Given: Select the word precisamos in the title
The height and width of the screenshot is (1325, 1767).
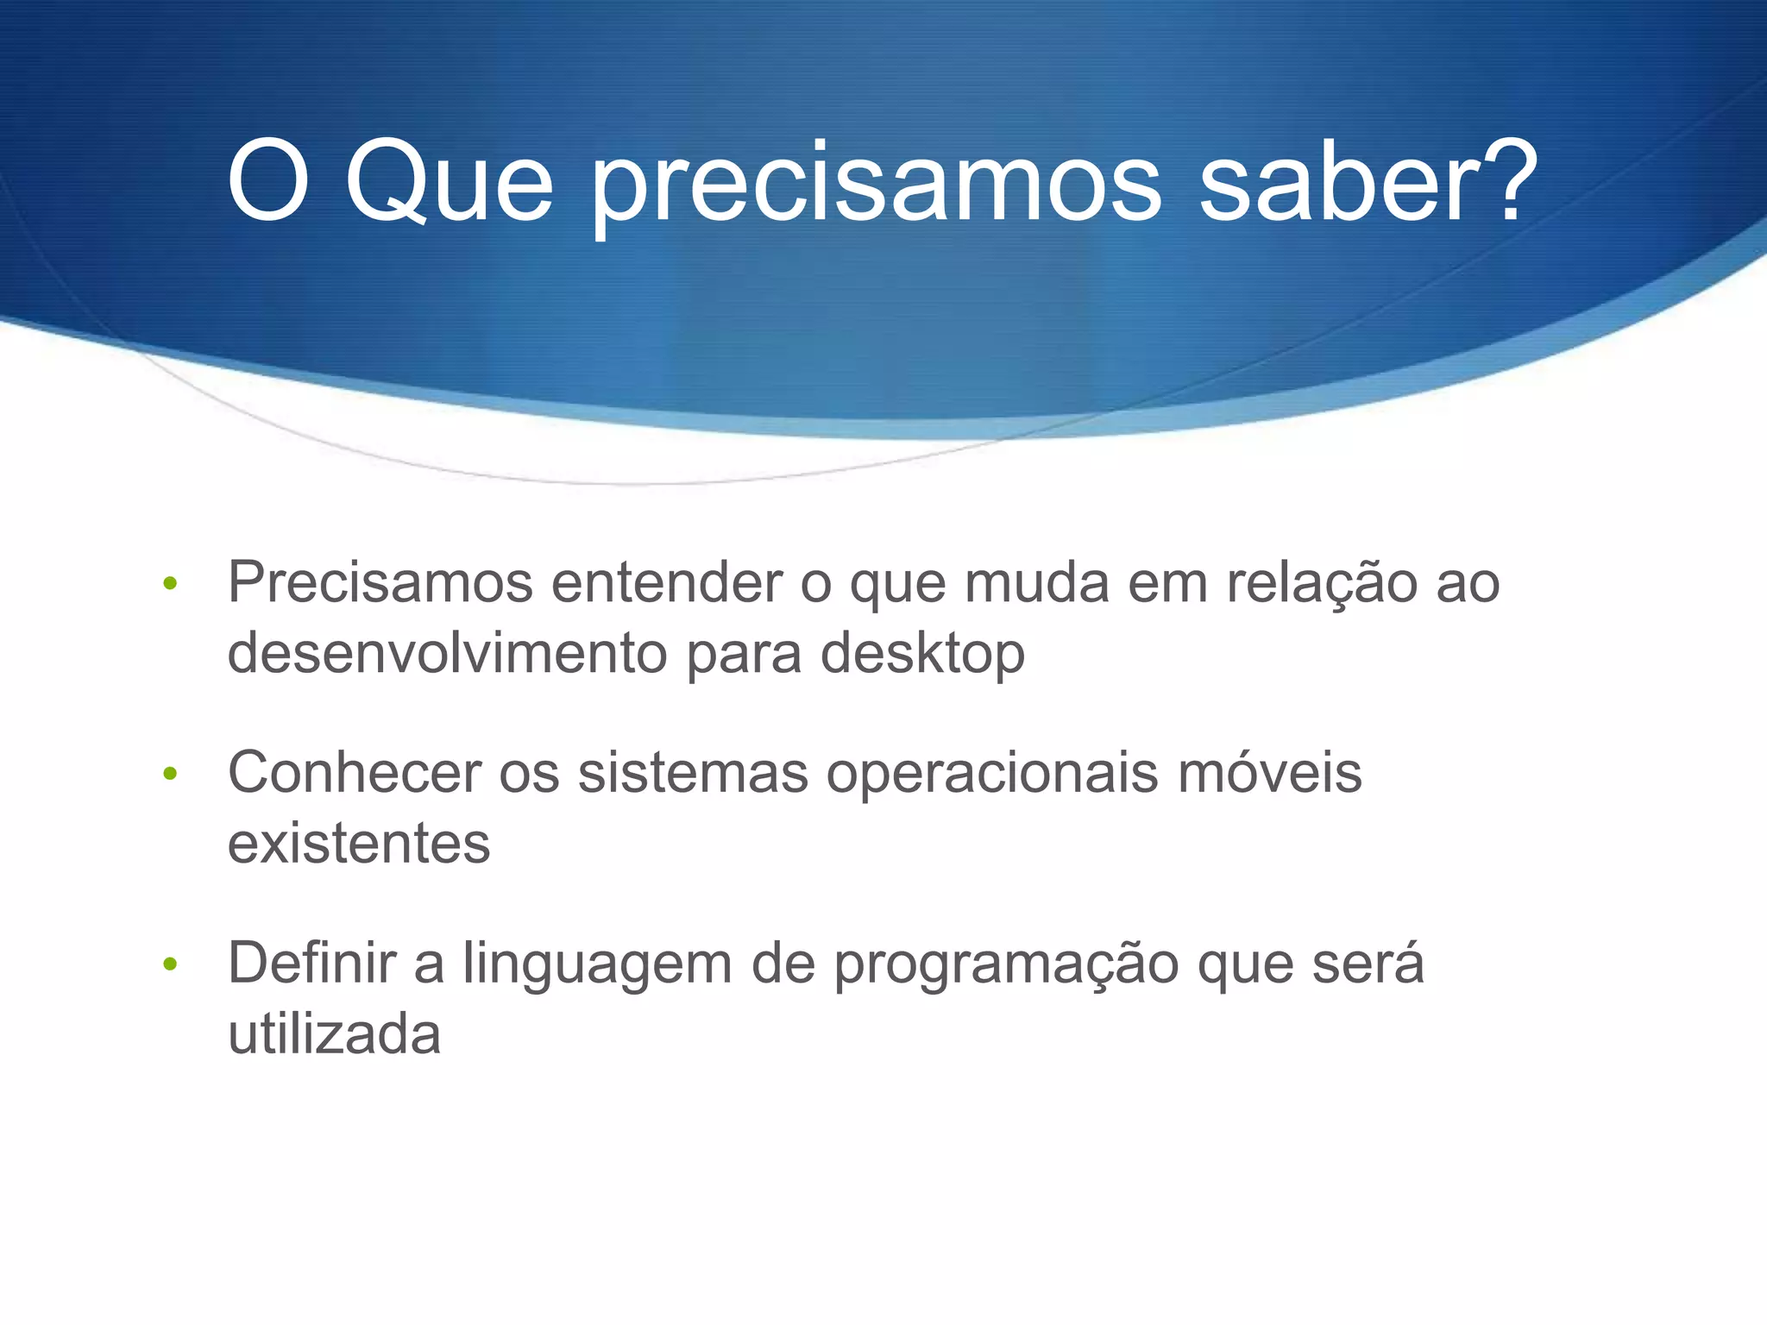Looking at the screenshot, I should [x=875, y=185].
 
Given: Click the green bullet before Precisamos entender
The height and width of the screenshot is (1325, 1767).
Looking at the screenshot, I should [x=170, y=584].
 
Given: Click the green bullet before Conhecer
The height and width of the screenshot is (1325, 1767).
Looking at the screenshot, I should [x=170, y=774].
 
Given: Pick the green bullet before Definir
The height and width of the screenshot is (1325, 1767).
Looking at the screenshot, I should [x=170, y=964].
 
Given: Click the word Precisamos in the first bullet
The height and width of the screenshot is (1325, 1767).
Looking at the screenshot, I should [x=380, y=583].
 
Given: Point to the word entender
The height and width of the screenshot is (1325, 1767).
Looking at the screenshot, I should [x=666, y=583].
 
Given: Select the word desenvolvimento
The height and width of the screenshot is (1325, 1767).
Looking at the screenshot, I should [x=447, y=653].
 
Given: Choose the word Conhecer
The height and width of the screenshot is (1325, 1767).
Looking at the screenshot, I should [x=355, y=773].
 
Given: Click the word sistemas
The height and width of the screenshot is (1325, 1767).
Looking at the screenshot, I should [x=693, y=773].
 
